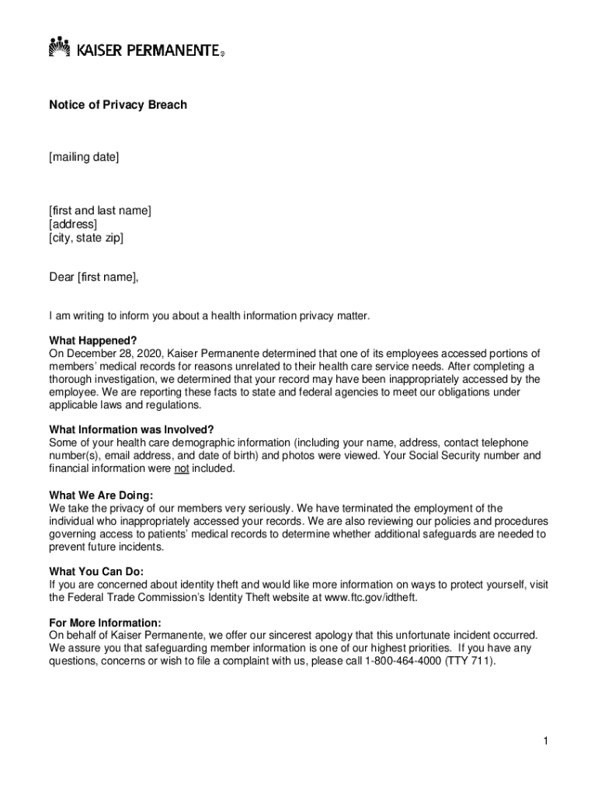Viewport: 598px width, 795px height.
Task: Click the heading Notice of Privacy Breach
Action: [118, 105]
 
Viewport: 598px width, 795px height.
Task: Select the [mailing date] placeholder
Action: [84, 158]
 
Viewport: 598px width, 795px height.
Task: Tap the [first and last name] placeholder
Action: [100, 210]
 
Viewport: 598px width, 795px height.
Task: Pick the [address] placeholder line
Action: [74, 224]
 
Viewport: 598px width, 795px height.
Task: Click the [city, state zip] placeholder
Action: [86, 238]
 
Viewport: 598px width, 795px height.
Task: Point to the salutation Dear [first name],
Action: [94, 277]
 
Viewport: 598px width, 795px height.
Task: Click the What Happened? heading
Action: [93, 340]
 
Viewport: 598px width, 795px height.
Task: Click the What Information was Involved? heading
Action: [131, 430]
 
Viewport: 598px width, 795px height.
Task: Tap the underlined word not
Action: [181, 468]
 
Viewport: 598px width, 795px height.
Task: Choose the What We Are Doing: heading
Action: [101, 495]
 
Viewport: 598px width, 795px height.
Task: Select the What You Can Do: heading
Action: [96, 571]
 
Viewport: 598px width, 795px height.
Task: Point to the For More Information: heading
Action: [105, 623]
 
